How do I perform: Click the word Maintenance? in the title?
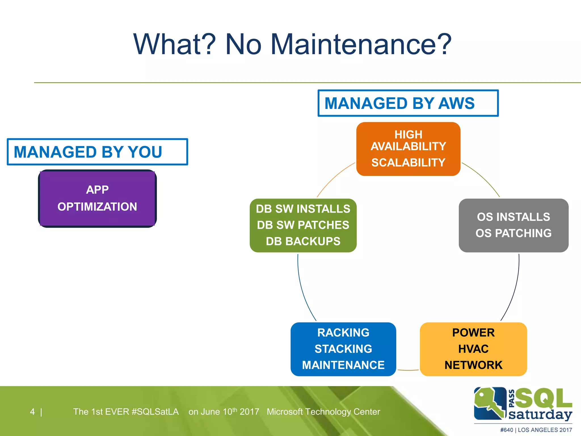[361, 44]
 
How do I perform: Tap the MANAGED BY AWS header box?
[408, 103]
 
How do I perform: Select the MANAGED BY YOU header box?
[97, 152]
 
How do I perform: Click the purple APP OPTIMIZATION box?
[97, 198]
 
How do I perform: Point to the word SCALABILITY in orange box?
[408, 163]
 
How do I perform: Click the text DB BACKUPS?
[303, 241]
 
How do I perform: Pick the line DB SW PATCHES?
[303, 225]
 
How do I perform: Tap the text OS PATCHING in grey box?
[513, 233]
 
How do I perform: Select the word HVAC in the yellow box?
[473, 349]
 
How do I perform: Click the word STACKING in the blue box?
[343, 349]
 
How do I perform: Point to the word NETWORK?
[473, 365]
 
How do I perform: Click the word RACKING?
[343, 333]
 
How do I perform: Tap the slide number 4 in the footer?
[32, 412]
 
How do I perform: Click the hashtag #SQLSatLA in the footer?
[155, 412]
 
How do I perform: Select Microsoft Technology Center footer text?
[323, 412]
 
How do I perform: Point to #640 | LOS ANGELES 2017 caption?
[536, 430]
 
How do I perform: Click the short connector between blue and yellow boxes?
[408, 370]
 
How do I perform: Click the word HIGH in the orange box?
[408, 135]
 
